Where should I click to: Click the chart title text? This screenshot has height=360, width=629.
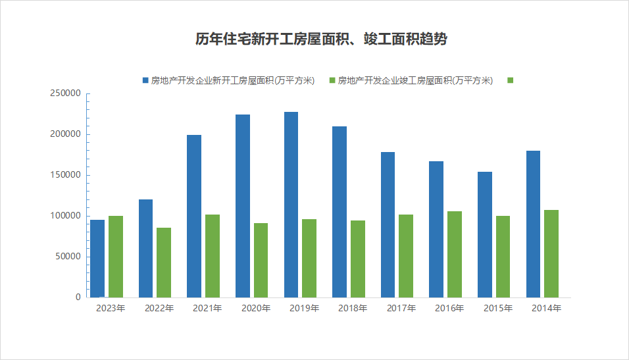(321, 39)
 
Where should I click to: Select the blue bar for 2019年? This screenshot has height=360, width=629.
(291, 205)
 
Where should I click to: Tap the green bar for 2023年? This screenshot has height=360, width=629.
(116, 257)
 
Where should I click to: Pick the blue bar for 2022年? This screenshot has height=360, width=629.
(145, 248)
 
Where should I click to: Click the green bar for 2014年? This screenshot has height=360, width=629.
(551, 253)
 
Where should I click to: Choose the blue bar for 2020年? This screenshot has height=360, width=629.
(243, 206)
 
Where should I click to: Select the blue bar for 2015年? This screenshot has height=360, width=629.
(485, 234)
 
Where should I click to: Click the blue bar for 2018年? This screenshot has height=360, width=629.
(340, 212)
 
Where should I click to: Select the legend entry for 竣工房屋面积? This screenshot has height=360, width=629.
(415, 81)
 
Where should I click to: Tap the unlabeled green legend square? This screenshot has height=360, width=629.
(510, 80)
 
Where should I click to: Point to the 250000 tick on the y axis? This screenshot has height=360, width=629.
(65, 93)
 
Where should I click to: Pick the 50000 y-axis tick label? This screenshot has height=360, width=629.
(68, 257)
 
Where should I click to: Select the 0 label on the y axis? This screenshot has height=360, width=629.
(78, 297)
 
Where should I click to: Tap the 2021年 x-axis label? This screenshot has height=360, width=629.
(207, 308)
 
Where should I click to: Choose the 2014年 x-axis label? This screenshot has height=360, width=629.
(546, 308)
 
